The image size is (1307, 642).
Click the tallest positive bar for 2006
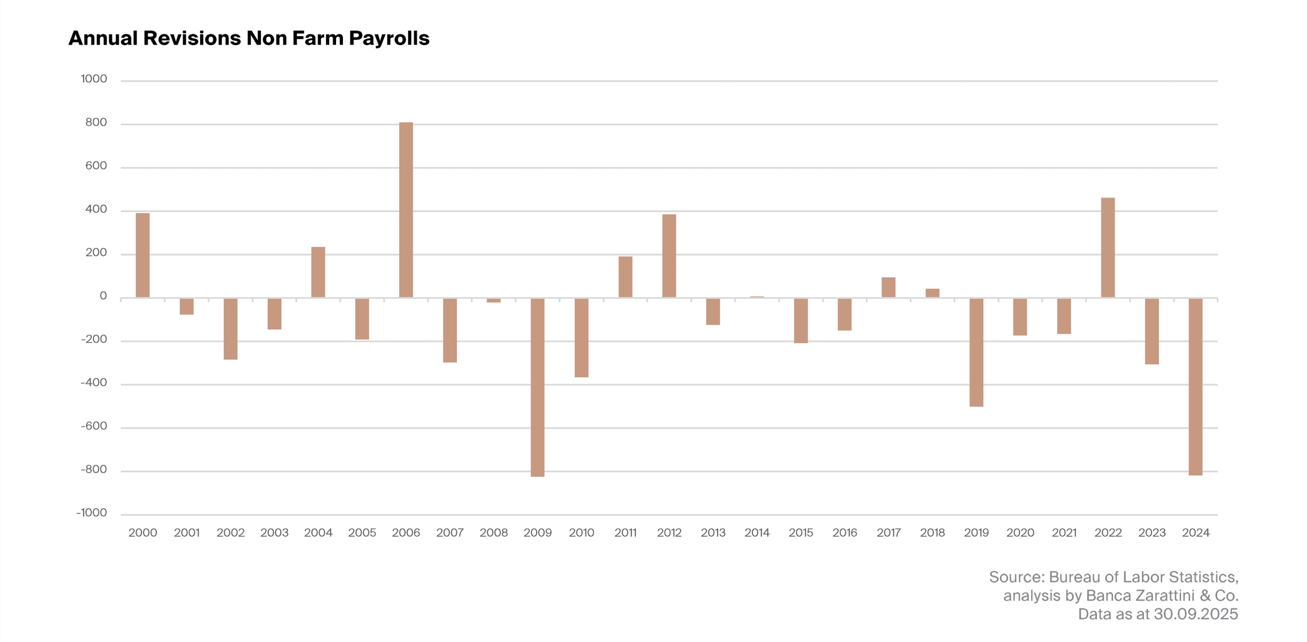(x=406, y=210)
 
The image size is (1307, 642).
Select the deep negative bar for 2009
(x=537, y=387)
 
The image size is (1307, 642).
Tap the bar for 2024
(x=1196, y=386)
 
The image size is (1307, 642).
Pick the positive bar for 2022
(x=1107, y=247)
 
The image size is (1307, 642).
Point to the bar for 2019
(x=976, y=352)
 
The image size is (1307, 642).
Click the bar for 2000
(x=143, y=255)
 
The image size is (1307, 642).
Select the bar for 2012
(x=669, y=256)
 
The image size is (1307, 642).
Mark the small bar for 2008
(x=494, y=300)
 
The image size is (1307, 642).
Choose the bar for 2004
(x=318, y=272)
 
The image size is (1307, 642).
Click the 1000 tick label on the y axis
(x=94, y=79)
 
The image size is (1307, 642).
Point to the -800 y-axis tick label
(x=94, y=469)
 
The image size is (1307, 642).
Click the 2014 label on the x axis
(x=756, y=532)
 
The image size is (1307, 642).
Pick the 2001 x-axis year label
(x=187, y=532)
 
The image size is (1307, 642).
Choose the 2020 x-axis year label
(x=1020, y=532)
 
